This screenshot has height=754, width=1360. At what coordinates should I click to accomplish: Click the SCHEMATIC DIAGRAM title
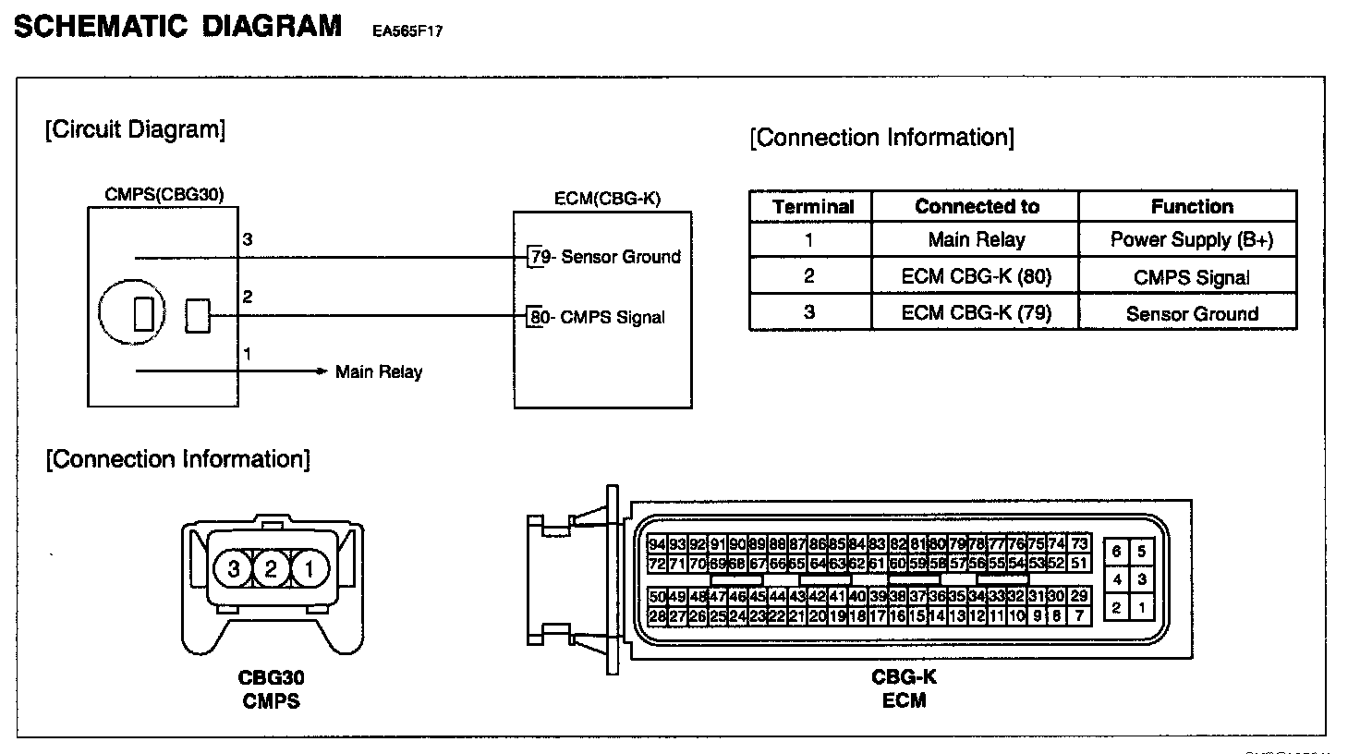tap(177, 26)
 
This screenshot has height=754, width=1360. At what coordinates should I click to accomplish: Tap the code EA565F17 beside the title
tap(407, 30)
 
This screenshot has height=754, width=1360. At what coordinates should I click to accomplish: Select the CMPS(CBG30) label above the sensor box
tap(164, 194)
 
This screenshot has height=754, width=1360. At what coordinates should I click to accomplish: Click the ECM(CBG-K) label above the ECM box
tap(607, 199)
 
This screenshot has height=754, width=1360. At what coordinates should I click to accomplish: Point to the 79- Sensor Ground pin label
tap(605, 257)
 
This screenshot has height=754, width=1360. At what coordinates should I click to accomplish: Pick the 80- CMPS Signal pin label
tap(597, 317)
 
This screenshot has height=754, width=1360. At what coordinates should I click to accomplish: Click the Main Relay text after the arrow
tap(379, 372)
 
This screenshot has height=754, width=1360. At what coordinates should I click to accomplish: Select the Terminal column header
tap(813, 207)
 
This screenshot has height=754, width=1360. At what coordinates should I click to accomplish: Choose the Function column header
tap(1192, 206)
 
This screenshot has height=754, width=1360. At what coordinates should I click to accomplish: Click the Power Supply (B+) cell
tap(1192, 240)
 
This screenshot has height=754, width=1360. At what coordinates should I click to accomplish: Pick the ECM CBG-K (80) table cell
tap(977, 276)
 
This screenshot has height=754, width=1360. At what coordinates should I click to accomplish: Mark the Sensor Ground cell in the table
tap(1192, 314)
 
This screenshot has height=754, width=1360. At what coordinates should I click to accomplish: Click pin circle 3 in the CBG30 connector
tap(234, 568)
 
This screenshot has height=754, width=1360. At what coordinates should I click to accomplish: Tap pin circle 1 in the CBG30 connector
tap(310, 568)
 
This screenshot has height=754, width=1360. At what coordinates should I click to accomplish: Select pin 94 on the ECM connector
tap(657, 544)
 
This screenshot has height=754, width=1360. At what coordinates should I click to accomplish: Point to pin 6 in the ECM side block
tap(1116, 552)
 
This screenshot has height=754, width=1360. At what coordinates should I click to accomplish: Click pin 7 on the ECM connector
tap(1079, 615)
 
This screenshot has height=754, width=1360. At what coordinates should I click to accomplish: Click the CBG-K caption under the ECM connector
tap(904, 677)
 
